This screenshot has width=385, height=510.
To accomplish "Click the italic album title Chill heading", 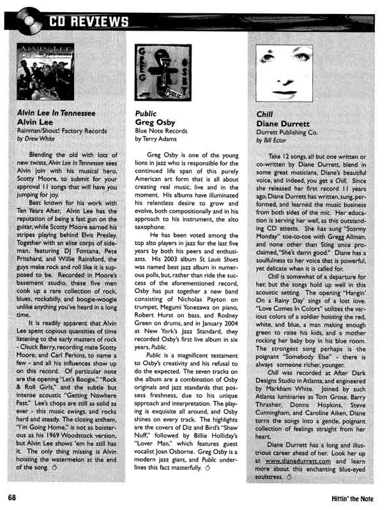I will coord(264,113).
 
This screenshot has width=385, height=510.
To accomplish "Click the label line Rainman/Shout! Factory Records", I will coord(61,130).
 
